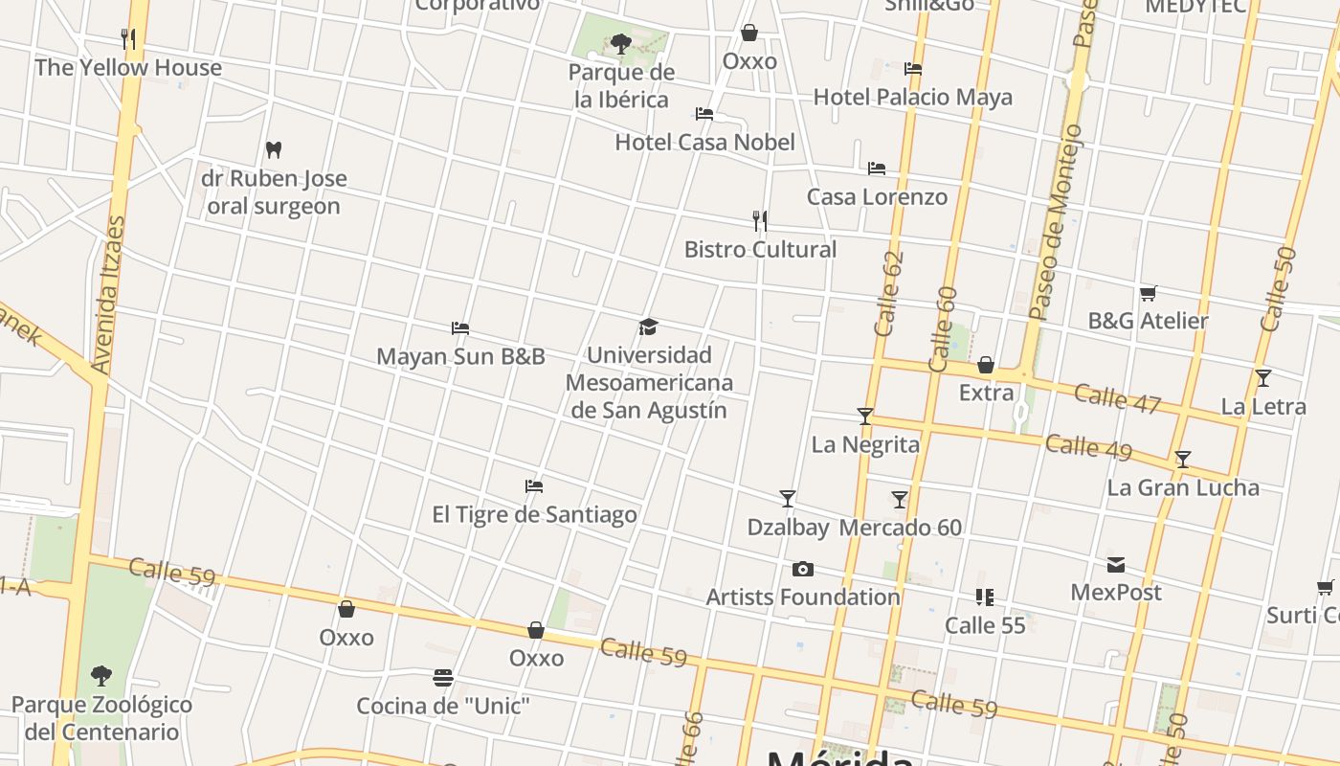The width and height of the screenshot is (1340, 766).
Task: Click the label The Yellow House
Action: click(128, 68)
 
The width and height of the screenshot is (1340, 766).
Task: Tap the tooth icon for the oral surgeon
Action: click(274, 149)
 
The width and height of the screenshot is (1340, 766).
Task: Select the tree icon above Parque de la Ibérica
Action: click(620, 43)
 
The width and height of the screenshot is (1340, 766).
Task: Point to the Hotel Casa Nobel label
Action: click(704, 143)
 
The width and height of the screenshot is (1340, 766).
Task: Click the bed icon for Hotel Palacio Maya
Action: click(913, 69)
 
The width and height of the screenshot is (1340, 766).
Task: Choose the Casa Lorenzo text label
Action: click(877, 197)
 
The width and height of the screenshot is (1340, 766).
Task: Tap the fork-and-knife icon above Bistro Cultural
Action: click(760, 221)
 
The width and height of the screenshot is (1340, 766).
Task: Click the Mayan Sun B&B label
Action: click(460, 357)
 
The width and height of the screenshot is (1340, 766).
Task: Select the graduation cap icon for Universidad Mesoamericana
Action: click(649, 327)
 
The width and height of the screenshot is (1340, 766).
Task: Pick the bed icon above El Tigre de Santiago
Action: click(534, 486)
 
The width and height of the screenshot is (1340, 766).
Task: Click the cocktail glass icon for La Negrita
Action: click(865, 416)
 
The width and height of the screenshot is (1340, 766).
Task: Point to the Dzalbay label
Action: click(788, 528)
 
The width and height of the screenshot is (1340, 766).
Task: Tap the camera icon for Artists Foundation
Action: click(803, 570)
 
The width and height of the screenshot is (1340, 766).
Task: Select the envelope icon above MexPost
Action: click(1116, 564)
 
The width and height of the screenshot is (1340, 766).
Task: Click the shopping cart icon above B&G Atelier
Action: click(1148, 293)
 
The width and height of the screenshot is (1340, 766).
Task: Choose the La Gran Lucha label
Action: click(1183, 487)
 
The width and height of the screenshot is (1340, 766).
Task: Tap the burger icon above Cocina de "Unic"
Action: click(442, 678)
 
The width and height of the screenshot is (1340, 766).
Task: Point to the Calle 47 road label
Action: click(1117, 397)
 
